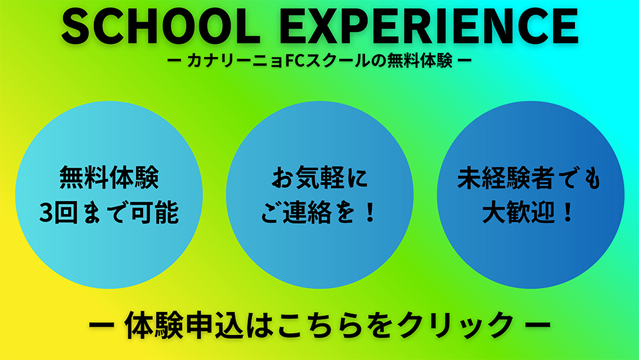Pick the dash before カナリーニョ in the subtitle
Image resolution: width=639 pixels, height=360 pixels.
click(x=174, y=63)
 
